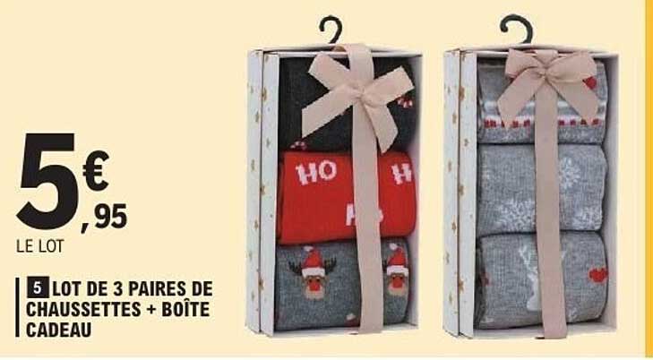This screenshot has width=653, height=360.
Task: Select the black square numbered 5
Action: click(x=37, y=289)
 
